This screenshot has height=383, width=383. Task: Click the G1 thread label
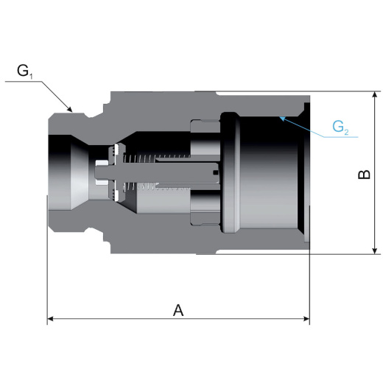(x=25, y=71)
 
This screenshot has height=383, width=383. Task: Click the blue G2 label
(x=340, y=127)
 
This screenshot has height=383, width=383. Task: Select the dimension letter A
(x=178, y=310)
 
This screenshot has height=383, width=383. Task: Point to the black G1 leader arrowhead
(x=69, y=109)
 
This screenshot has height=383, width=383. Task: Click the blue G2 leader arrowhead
(x=282, y=119)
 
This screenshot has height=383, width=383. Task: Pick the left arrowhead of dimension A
(x=50, y=319)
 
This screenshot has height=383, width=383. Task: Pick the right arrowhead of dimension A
(x=306, y=319)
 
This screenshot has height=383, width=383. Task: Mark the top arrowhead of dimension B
(x=375, y=95)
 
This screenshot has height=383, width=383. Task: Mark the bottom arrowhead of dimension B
(x=375, y=250)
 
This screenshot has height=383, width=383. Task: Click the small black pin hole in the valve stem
(x=215, y=172)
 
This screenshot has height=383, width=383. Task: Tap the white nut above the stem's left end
(x=102, y=163)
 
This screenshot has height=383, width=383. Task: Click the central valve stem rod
(x=156, y=172)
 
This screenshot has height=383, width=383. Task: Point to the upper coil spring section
(x=156, y=158)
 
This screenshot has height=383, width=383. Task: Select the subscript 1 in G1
(x=31, y=77)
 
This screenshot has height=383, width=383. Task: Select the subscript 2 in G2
(x=346, y=132)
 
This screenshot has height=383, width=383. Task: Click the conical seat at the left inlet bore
(x=80, y=172)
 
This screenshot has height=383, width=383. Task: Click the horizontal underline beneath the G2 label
(x=341, y=137)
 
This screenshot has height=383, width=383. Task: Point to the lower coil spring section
(x=156, y=187)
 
